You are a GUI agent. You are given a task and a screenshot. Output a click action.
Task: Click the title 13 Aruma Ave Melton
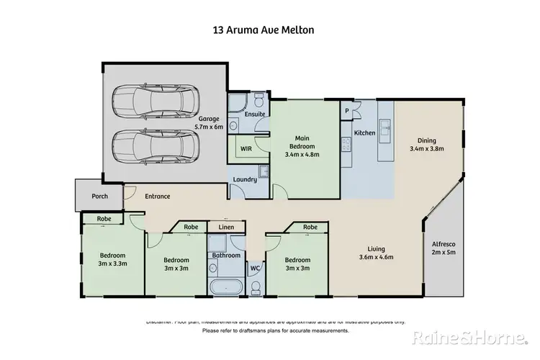270,30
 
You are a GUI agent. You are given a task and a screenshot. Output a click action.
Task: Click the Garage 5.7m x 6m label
209,123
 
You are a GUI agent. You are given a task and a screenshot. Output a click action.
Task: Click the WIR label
245,149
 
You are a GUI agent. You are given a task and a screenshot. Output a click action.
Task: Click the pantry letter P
346,111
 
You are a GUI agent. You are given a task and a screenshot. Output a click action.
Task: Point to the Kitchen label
364,134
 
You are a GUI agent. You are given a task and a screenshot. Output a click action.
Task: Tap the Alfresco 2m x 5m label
441,248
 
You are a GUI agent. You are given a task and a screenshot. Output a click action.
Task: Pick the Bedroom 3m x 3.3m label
113,259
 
